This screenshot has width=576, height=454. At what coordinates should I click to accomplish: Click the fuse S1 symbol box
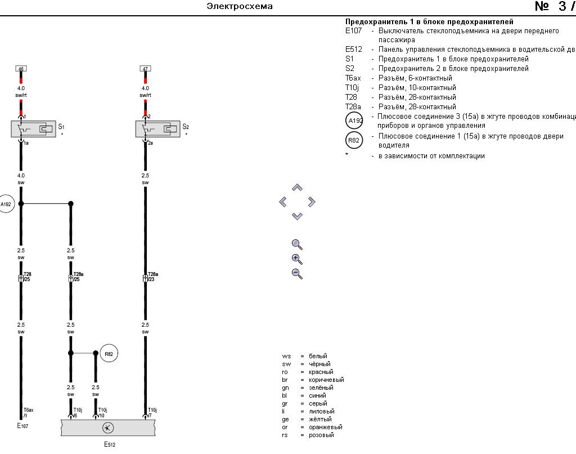point(33,129)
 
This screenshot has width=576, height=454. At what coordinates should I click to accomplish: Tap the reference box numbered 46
point(21,69)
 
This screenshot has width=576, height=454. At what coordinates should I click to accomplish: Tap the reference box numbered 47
point(145,69)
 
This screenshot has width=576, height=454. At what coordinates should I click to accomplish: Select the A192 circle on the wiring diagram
point(6,204)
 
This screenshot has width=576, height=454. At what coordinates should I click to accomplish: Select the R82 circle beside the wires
point(109,354)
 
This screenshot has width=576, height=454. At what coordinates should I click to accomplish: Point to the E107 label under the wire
point(22,426)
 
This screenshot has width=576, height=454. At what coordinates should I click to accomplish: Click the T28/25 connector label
point(28,277)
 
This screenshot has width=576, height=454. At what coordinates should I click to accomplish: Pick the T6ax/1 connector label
point(29,412)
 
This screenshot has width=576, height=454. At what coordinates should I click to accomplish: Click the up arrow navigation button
point(298,188)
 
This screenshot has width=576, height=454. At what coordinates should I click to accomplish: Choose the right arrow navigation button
point(312,202)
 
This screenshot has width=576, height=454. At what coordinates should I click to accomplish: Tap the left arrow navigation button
point(283,202)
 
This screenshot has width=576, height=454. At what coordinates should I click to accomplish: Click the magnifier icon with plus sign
point(297,259)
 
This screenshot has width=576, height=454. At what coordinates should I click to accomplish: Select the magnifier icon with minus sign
point(297,274)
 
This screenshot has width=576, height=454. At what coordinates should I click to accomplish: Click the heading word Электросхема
point(240,6)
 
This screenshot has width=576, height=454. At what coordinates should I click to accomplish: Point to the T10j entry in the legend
point(352,88)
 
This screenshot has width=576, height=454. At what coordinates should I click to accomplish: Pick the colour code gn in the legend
point(286,388)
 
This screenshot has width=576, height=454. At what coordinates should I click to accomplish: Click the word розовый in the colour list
point(321,435)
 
